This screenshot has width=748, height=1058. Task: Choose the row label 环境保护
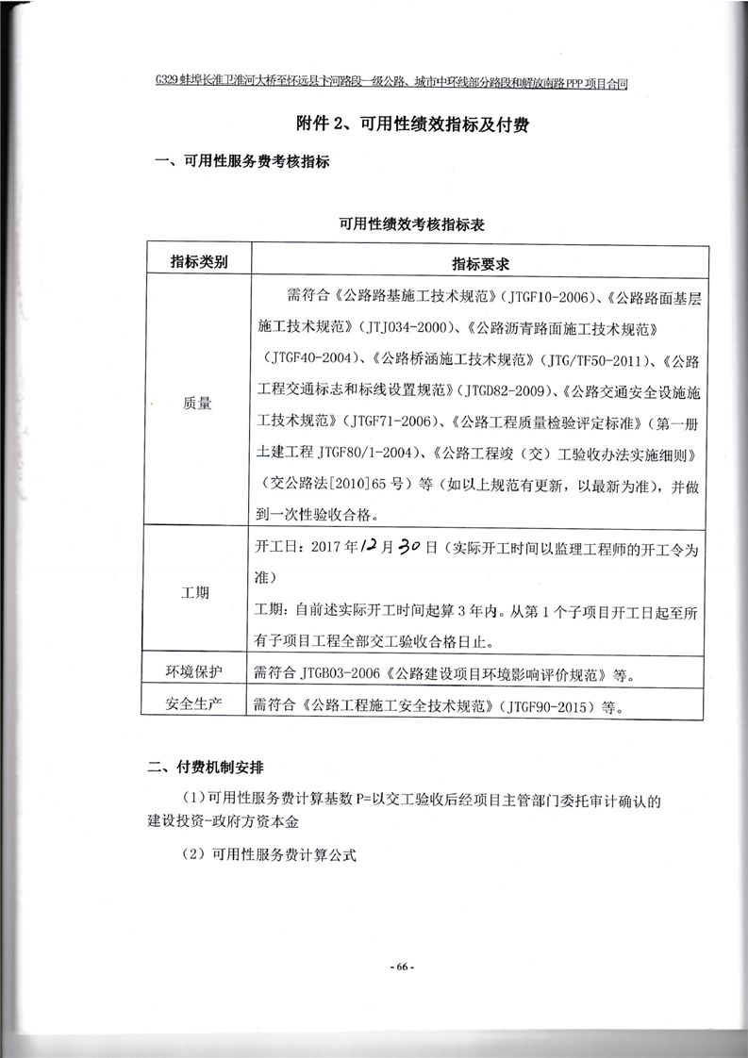point(197,671)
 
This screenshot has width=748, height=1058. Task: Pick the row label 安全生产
point(197,703)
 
